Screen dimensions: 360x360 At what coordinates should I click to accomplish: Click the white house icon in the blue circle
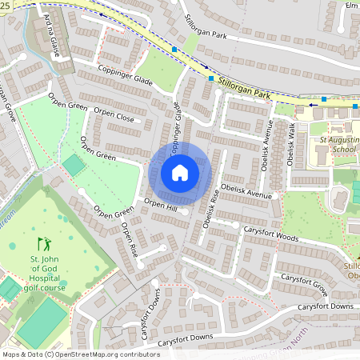click(180, 173)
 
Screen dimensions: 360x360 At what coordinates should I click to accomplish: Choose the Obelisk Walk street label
click(292, 142)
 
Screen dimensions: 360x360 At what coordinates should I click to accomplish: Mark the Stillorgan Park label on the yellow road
click(243, 94)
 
